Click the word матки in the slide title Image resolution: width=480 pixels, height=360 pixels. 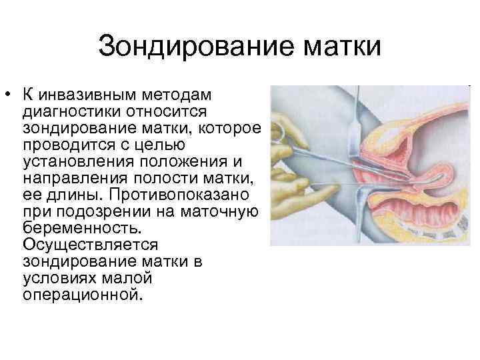point(334,47)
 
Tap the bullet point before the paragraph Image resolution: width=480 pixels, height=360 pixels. point(7,91)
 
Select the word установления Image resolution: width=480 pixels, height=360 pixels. point(75,161)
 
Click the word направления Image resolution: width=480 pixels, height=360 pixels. point(71,178)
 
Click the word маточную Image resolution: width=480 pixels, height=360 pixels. point(224,213)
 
